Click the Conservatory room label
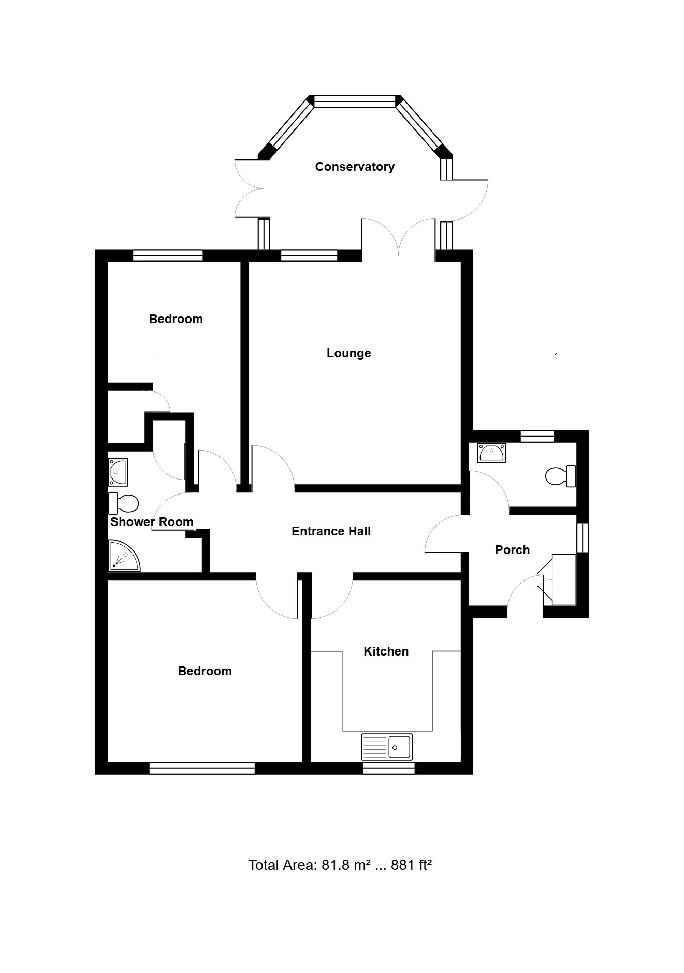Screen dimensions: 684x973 tap(355, 167)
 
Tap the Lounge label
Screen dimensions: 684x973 tap(348, 354)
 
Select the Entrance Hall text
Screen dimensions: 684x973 tap(331, 531)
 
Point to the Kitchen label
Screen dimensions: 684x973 tap(386, 651)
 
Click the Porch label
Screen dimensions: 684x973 tap(512, 550)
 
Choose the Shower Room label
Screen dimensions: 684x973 tap(152, 522)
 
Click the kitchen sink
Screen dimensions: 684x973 tap(387, 746)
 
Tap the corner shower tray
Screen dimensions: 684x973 tap(124, 556)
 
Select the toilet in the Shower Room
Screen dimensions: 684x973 tap(124, 503)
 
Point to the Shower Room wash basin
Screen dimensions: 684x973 tap(118, 472)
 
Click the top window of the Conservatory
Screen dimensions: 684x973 tap(355, 101)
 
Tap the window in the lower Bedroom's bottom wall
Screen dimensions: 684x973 tap(202, 768)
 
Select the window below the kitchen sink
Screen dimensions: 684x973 tap(388, 768)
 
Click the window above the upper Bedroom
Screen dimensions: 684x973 tap(168, 255)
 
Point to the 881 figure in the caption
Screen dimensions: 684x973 tap(402, 865)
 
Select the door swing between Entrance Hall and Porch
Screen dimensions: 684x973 tap(444, 534)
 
